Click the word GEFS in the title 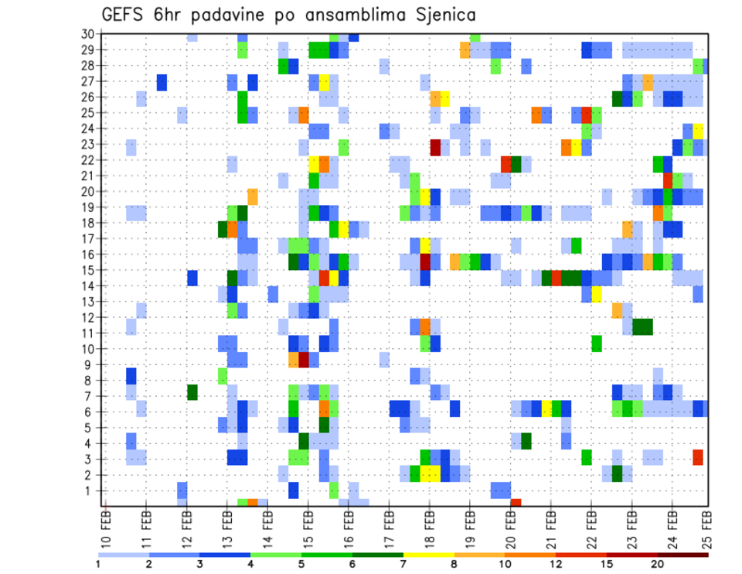tap(125, 15)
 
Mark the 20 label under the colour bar tap(658, 563)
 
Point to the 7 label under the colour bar tap(404, 563)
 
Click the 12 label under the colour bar tap(556, 563)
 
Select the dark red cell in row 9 tap(304, 360)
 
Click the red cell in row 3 tap(698, 457)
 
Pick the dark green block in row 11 tap(642, 326)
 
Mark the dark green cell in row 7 tap(192, 392)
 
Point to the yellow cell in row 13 tap(597, 295)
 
